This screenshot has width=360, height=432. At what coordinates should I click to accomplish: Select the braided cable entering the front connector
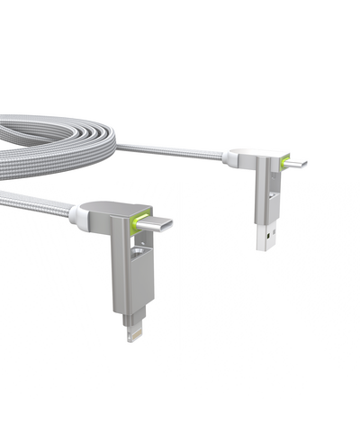[40, 204]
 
